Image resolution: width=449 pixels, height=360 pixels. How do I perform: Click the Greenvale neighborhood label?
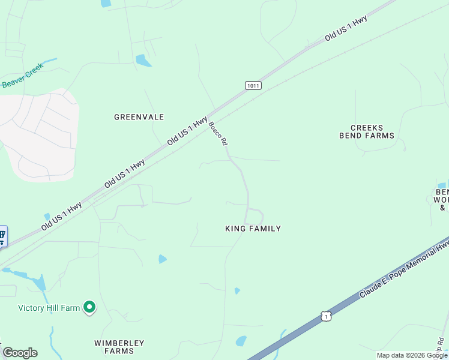[x=139, y=117]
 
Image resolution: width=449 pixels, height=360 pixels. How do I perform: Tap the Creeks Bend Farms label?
[x=372, y=131]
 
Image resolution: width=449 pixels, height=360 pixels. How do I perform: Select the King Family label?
[x=253, y=229]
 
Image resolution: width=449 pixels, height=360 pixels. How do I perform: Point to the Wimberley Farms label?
[x=119, y=347]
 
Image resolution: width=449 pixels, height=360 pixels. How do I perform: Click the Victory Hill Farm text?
[x=49, y=308]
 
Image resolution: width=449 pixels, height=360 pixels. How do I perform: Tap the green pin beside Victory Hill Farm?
[x=89, y=308]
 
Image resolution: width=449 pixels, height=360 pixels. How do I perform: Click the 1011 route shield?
[x=253, y=85]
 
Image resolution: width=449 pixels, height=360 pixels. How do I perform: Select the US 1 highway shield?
[x=325, y=316]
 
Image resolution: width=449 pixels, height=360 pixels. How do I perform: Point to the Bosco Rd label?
[x=218, y=133]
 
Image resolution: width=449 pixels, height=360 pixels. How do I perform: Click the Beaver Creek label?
[x=23, y=78]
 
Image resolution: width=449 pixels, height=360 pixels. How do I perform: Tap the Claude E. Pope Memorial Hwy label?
[x=405, y=268]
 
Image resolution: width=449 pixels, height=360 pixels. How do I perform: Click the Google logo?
[x=20, y=353]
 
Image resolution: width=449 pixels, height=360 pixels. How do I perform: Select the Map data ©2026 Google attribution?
[x=412, y=355]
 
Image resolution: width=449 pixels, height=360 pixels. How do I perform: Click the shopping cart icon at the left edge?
[x=2, y=236]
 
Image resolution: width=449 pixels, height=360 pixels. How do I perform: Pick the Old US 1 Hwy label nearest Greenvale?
[x=188, y=131]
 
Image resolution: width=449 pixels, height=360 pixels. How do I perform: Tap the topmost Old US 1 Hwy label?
[x=346, y=28]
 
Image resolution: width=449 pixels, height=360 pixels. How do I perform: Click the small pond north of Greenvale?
[x=143, y=61]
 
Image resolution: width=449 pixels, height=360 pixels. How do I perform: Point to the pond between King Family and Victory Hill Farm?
[x=162, y=259]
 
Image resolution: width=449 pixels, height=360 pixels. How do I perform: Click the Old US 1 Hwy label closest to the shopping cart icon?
[x=61, y=217]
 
